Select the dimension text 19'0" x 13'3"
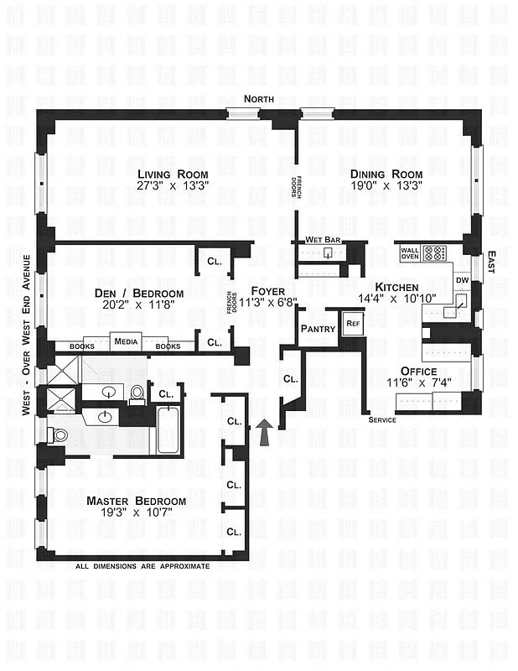tap(385, 188)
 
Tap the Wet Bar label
tap(322, 241)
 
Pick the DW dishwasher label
tap(461, 279)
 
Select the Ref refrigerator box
tap(353, 324)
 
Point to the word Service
tap(381, 419)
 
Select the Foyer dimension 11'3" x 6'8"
tap(268, 302)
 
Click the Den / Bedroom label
tap(140, 293)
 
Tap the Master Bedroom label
tap(136, 501)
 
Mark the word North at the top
tap(259, 100)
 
